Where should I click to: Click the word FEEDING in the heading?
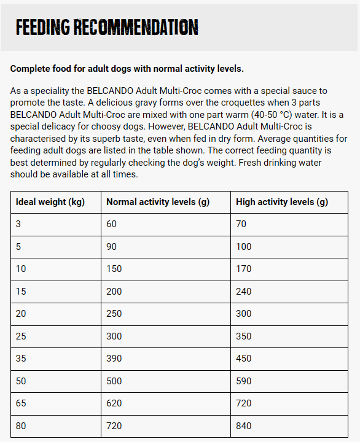coord(43,28)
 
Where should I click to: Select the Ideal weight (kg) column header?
coord(50,202)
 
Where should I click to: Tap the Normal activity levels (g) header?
coord(160,202)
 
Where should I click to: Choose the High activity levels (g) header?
coord(282,202)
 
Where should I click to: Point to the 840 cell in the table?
coord(244,425)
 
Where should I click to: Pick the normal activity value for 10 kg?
coord(114,269)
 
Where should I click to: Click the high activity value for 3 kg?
coord(241,224)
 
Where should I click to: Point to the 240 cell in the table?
coord(244,291)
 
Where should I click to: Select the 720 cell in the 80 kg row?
coord(114,425)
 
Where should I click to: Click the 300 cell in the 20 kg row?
coord(244,314)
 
